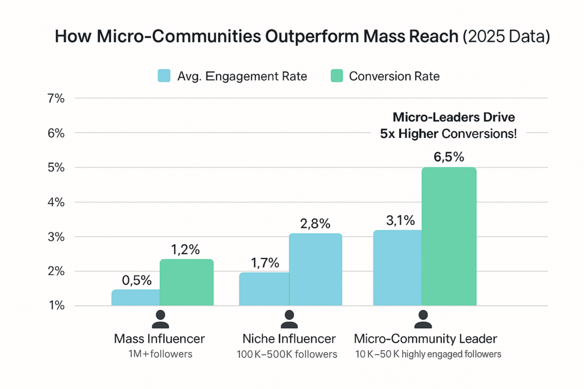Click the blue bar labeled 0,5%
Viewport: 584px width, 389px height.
(135, 297)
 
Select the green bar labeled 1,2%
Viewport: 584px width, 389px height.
(186, 282)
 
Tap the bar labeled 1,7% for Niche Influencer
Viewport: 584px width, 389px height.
(263, 289)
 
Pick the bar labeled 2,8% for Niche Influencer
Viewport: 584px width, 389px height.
(315, 269)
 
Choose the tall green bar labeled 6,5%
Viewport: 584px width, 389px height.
(449, 236)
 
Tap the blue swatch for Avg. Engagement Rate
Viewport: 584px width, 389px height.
(164, 76)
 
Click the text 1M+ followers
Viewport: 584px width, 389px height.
(159, 354)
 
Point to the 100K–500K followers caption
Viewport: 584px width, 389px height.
(287, 354)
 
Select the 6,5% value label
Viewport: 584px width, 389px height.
(449, 158)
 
